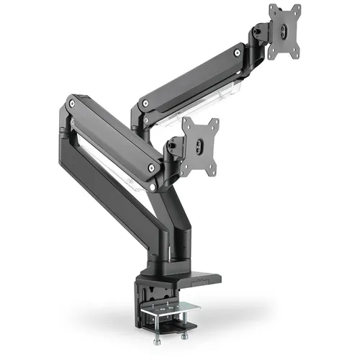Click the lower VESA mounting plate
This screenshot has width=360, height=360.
pos(199,147)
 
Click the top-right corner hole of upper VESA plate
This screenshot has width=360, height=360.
pos(297,9)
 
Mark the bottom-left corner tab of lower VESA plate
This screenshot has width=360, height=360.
pos(186,173)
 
